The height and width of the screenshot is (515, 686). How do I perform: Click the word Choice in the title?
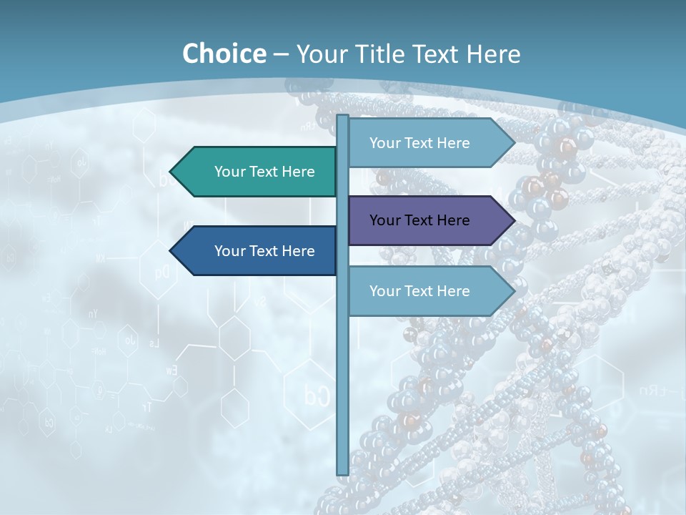tap(224, 54)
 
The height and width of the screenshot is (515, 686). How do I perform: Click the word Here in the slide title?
tap(493, 54)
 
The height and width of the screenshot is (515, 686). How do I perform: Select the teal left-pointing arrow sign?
tap(257, 172)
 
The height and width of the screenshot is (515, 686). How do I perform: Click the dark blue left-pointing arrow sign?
tap(257, 251)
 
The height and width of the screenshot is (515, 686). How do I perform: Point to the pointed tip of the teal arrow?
tap(171, 172)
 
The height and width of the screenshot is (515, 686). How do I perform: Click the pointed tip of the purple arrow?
tap(513, 220)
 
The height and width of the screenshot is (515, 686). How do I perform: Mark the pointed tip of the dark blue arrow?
tap(171, 251)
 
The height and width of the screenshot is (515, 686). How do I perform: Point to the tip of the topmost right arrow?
tap(513, 143)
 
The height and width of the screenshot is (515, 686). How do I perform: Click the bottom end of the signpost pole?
tap(342, 472)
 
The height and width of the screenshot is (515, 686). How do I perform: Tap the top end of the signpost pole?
tap(342, 117)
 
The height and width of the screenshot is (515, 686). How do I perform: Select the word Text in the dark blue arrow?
tap(265, 251)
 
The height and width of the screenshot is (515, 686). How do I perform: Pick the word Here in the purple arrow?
tap(452, 220)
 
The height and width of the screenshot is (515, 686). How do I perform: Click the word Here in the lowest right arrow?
tap(452, 291)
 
